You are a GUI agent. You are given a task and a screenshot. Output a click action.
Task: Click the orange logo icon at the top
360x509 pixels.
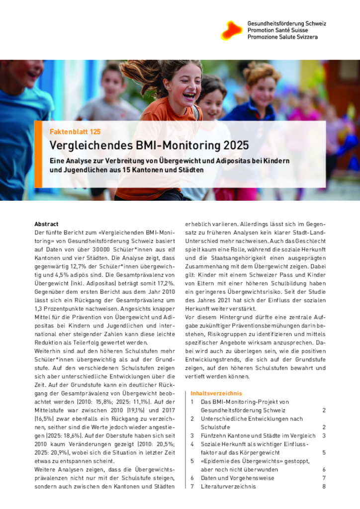tap(231, 30)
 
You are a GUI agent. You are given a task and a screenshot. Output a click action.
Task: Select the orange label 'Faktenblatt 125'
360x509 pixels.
tap(75, 132)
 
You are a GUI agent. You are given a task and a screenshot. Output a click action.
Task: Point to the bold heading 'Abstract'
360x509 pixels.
tap(46, 224)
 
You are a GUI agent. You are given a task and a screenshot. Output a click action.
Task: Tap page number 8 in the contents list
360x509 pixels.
tap(323, 487)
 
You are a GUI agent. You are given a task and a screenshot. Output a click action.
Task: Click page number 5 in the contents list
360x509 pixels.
tap(323, 452)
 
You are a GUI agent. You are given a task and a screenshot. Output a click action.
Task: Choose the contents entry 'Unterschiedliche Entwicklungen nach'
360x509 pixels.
tap(251, 419)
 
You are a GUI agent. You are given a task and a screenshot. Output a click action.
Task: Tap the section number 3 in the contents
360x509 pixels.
tap(192, 435)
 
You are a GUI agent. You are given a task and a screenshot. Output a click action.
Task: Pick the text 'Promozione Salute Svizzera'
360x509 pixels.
tap(282, 37)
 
